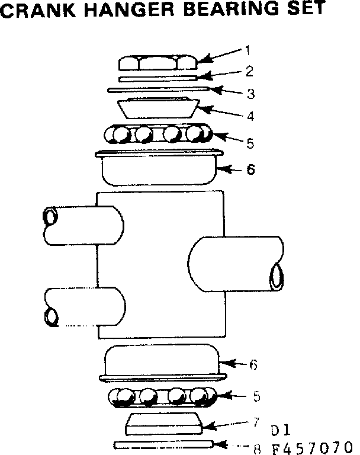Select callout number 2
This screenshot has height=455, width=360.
pyautogui.click(x=249, y=71)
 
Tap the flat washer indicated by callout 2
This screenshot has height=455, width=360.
pyautogui.click(x=158, y=78)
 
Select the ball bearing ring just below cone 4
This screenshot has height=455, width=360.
pyautogui.click(x=157, y=134)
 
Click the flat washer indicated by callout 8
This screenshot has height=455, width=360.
pyautogui.click(x=162, y=444)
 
